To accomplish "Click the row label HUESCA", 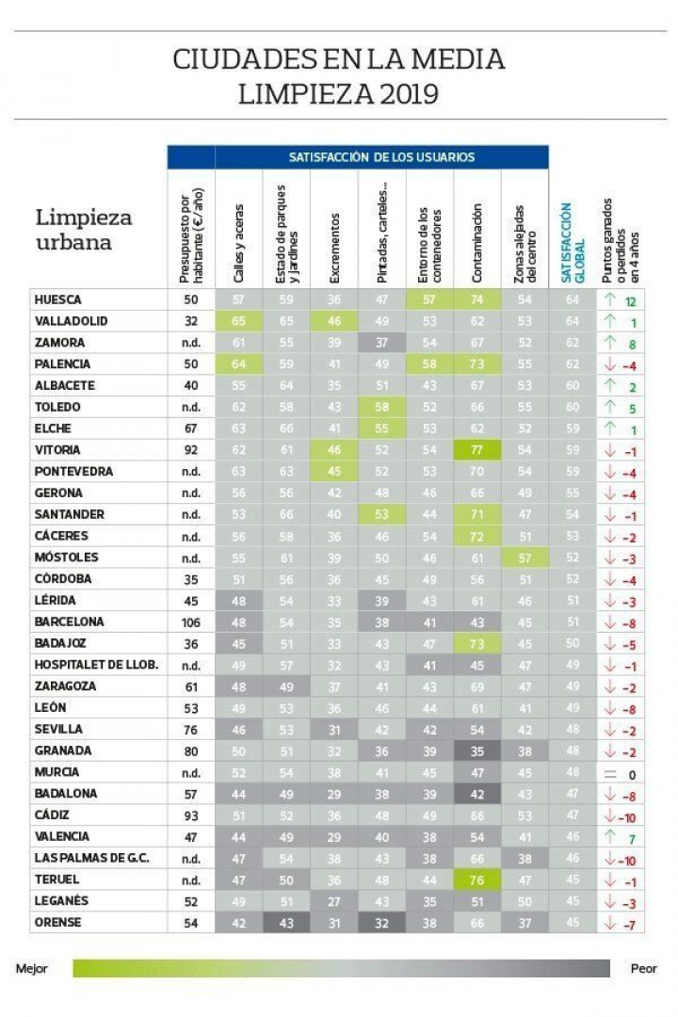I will point(58,299).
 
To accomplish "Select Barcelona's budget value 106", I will point(191,621).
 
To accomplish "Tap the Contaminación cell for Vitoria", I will point(477,450).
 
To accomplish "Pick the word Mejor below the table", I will point(32,968).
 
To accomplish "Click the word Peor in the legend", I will point(644,968).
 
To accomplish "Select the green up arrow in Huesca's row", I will point(609,299).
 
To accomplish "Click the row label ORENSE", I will point(57,922).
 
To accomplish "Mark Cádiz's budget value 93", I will point(191,815).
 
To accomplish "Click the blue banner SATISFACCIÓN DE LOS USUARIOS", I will point(381,157).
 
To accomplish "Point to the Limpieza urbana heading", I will point(84,230).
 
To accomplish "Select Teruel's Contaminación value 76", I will point(477,880).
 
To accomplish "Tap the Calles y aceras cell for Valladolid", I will point(238,321).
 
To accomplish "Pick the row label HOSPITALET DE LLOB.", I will point(95,665).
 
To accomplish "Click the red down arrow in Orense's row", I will point(609,922).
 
